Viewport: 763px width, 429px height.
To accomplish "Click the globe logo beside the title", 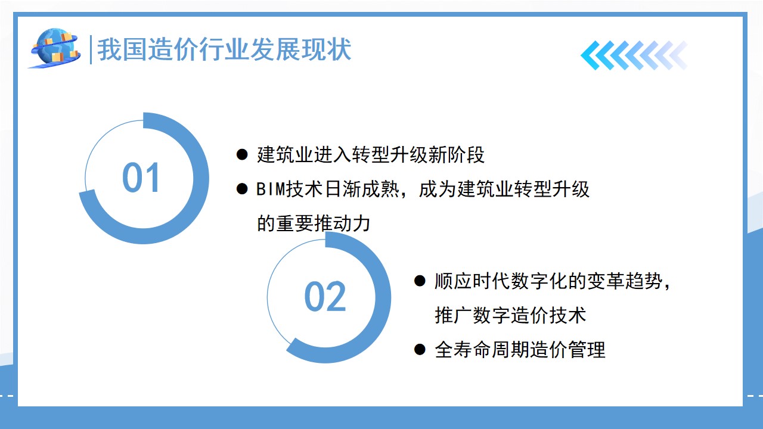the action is coord(55,48).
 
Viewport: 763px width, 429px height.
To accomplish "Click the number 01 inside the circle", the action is coord(141,178).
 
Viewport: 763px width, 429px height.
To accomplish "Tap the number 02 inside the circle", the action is coord(325,297).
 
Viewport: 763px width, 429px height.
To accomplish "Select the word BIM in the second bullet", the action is coord(271,189).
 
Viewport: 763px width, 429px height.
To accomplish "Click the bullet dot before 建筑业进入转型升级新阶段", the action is coord(242,154).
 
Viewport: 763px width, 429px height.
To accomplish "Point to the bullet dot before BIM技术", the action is coord(242,189).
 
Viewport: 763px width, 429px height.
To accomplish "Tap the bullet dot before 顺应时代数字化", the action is coord(420,281).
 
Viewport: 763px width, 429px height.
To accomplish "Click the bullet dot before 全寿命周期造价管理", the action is coord(420,349).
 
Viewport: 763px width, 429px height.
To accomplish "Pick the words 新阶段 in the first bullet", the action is coord(456,155).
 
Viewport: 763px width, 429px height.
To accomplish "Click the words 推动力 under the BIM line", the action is coord(342,223).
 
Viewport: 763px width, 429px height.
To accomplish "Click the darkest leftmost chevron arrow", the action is coord(593,55).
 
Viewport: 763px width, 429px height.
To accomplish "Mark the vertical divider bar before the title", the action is coord(91,49).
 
